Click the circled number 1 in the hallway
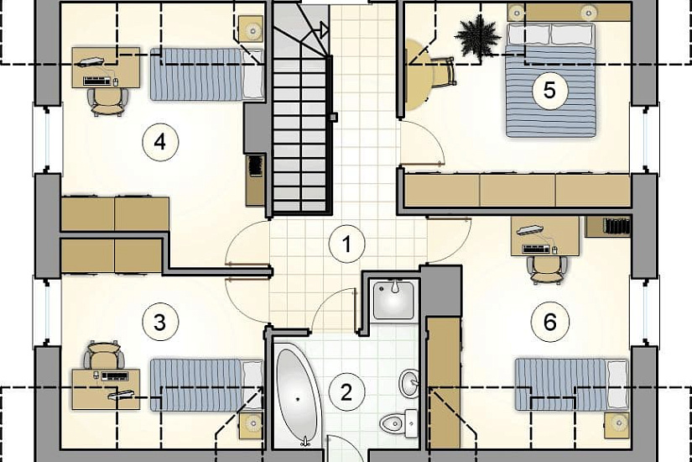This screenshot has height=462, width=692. pyautogui.click(x=347, y=244)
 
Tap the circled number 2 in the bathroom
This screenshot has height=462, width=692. pyautogui.click(x=346, y=392)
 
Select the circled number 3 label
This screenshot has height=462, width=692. pyautogui.click(x=160, y=323)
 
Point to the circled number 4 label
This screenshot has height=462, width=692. pyautogui.click(x=160, y=142)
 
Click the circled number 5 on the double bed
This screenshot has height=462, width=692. pyautogui.click(x=550, y=90)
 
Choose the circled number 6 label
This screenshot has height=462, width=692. pyautogui.click(x=550, y=323)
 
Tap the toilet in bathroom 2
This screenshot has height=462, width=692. pyautogui.click(x=399, y=423)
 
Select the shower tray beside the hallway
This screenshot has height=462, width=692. pyautogui.click(x=393, y=300)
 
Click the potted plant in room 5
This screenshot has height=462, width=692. pyautogui.click(x=478, y=38)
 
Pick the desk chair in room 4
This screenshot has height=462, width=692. pyautogui.click(x=108, y=102)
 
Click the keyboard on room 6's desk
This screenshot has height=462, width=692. pyautogui.click(x=537, y=249)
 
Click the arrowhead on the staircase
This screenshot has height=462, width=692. pyautogui.click(x=324, y=30)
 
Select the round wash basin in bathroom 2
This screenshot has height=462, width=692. pyautogui.click(x=410, y=383)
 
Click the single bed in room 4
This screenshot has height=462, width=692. pyautogui.click(x=207, y=74)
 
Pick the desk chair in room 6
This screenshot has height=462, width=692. pyautogui.click(x=548, y=270)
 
